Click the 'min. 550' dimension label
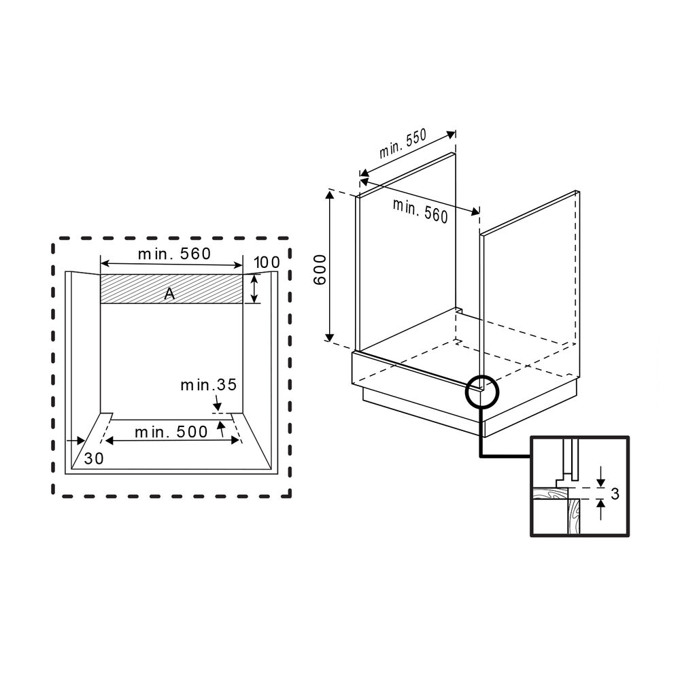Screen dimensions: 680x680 [x=403, y=143]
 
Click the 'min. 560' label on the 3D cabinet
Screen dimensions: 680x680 [x=420, y=210]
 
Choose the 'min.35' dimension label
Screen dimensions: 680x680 [x=208, y=385]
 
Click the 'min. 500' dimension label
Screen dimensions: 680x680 [x=171, y=432]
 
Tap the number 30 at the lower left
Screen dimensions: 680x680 [x=94, y=459]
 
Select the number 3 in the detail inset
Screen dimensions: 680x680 [x=615, y=494]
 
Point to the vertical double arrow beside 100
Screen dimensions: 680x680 [x=254, y=289]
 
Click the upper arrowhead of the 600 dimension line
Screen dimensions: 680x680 [x=330, y=197]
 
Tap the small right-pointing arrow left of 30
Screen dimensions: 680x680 [x=75, y=441]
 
